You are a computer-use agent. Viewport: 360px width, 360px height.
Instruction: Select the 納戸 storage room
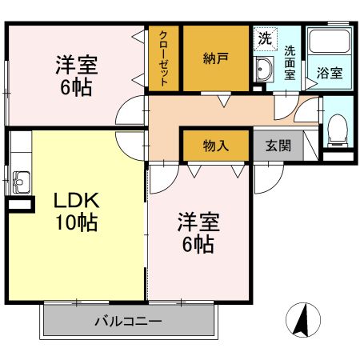click(x=215, y=58)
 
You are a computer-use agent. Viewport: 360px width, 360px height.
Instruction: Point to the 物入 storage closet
click(x=215, y=146)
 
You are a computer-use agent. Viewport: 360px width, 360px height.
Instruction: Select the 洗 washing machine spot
click(x=264, y=37)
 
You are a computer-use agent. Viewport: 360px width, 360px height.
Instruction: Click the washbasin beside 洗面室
click(x=264, y=70)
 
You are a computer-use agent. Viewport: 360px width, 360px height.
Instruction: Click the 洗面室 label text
click(x=290, y=62)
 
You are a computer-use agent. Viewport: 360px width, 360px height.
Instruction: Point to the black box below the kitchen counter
click(x=18, y=206)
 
